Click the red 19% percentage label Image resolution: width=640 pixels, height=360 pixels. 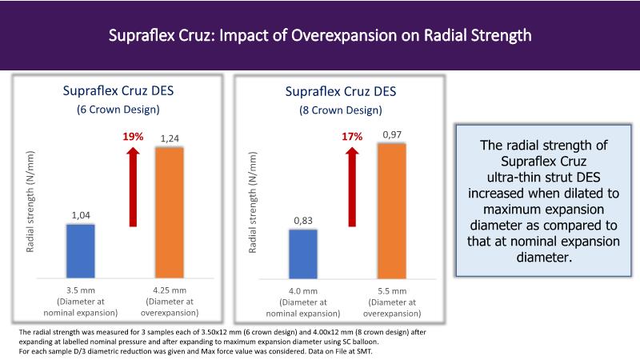point(133,137)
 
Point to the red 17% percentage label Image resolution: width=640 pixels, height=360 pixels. point(353,137)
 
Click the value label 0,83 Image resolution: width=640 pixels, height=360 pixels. point(302,220)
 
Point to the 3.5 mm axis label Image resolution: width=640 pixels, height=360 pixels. point(80,290)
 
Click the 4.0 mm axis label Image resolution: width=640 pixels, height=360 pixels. point(303,290)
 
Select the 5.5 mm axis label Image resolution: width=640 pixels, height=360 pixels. point(392,290)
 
